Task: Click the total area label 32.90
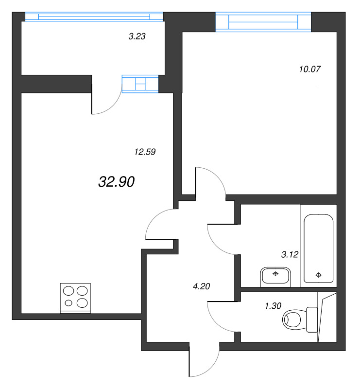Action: click(116, 182)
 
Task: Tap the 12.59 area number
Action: click(144, 152)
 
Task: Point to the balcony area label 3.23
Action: click(137, 36)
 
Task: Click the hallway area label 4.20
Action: click(201, 286)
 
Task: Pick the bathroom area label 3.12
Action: click(290, 254)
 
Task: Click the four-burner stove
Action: click(76, 297)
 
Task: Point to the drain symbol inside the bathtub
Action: click(319, 275)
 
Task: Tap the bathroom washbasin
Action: click(275, 276)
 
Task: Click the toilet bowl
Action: click(295, 319)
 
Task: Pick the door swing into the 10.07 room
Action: click(210, 182)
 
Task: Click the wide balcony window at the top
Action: click(93, 17)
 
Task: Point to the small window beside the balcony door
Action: click(140, 84)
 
